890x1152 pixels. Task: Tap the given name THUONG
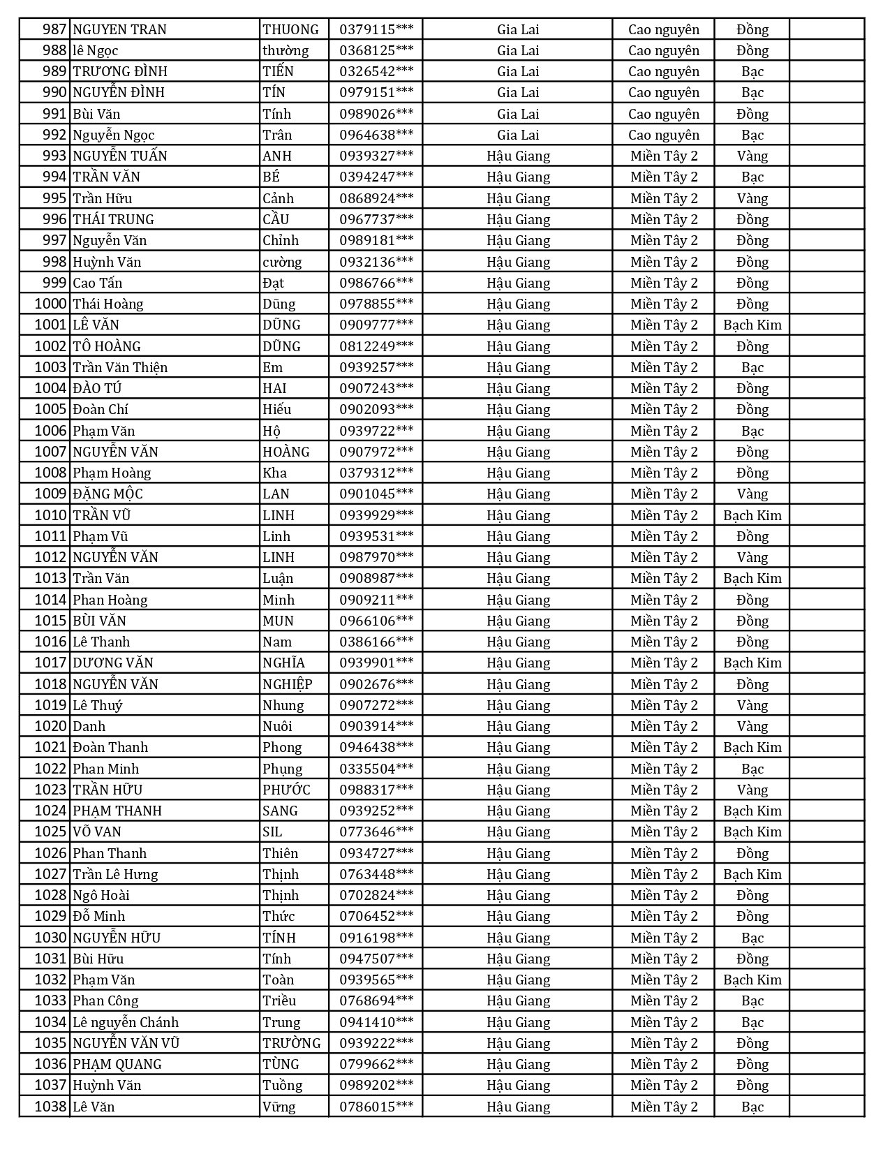click(x=290, y=29)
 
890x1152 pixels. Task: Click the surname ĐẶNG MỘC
click(x=107, y=494)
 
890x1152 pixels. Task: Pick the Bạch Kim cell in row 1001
click(x=752, y=325)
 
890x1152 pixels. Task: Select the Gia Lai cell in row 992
click(x=518, y=135)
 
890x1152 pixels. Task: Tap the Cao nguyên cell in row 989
click(x=663, y=71)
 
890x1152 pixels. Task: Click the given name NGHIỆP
click(x=288, y=684)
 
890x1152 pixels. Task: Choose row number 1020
click(x=51, y=726)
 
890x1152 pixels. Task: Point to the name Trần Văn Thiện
click(x=120, y=367)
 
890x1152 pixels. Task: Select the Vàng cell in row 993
click(x=752, y=156)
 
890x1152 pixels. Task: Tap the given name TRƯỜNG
click(x=292, y=1043)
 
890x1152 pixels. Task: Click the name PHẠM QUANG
click(x=117, y=1064)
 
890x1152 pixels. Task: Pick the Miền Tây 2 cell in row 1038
click(x=663, y=1107)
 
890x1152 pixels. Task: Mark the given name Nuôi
click(x=277, y=726)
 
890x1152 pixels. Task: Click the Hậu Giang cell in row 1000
click(x=518, y=304)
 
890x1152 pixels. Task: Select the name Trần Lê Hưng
click(x=115, y=874)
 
